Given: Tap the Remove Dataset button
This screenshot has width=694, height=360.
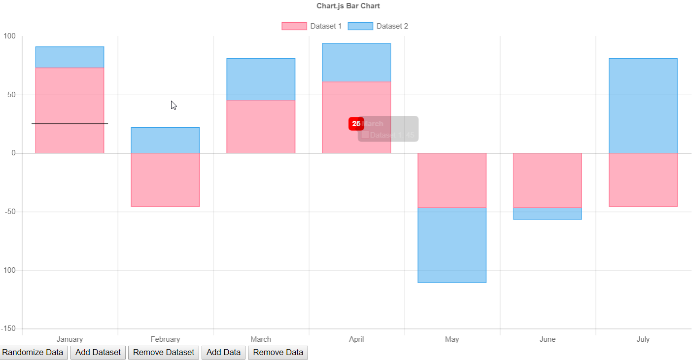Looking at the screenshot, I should click(x=164, y=353).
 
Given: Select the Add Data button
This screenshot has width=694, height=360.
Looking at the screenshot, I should click(x=223, y=353).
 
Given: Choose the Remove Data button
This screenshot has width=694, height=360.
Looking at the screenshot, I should click(x=278, y=353).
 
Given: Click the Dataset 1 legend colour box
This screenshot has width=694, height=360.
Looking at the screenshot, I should click(x=294, y=26).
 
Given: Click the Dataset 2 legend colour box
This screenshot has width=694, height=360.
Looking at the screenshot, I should click(x=360, y=26).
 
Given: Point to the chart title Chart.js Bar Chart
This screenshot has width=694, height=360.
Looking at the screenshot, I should click(x=348, y=6).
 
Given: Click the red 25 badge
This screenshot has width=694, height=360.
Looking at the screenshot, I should click(x=356, y=124).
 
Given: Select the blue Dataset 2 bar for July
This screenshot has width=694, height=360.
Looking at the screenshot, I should click(x=643, y=106).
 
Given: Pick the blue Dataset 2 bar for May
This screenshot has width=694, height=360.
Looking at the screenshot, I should click(x=452, y=245).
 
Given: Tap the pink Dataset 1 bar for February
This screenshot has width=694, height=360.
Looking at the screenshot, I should click(x=165, y=180).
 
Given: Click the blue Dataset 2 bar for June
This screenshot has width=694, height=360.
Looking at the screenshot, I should click(x=548, y=214).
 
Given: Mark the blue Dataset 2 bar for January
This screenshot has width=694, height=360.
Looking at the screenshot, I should click(x=69, y=57).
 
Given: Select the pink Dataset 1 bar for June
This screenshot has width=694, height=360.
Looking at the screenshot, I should click(x=548, y=180).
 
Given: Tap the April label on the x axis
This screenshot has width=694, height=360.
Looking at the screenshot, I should click(x=356, y=339).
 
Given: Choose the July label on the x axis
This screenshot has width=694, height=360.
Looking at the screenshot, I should click(x=643, y=339).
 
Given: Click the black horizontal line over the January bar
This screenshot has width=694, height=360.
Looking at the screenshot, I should click(x=69, y=124).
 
